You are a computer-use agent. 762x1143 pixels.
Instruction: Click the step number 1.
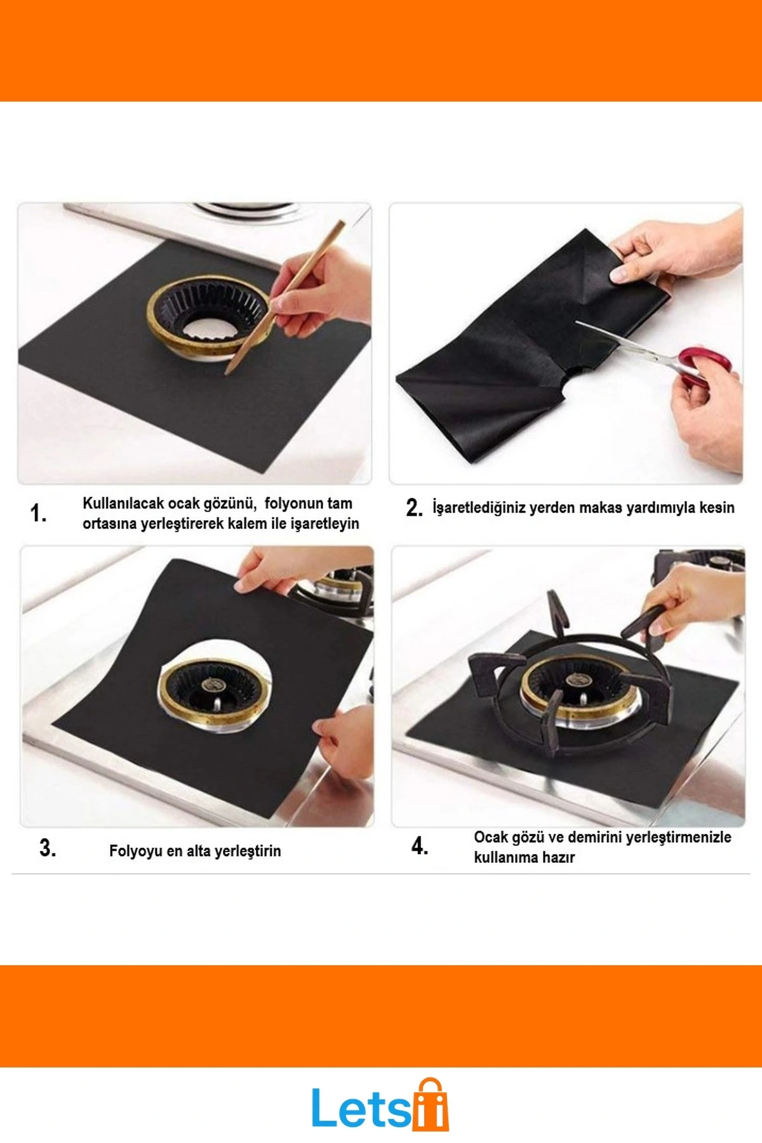(x=38, y=513)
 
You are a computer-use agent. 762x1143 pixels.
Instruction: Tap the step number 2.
(x=414, y=508)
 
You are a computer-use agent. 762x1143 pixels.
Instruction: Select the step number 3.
(x=48, y=848)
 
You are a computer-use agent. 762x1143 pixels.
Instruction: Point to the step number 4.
(x=420, y=846)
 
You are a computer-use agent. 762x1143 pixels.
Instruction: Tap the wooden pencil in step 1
(x=284, y=297)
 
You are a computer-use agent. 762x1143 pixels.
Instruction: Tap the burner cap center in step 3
(x=212, y=685)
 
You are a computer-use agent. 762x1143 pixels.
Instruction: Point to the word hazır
(x=558, y=857)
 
